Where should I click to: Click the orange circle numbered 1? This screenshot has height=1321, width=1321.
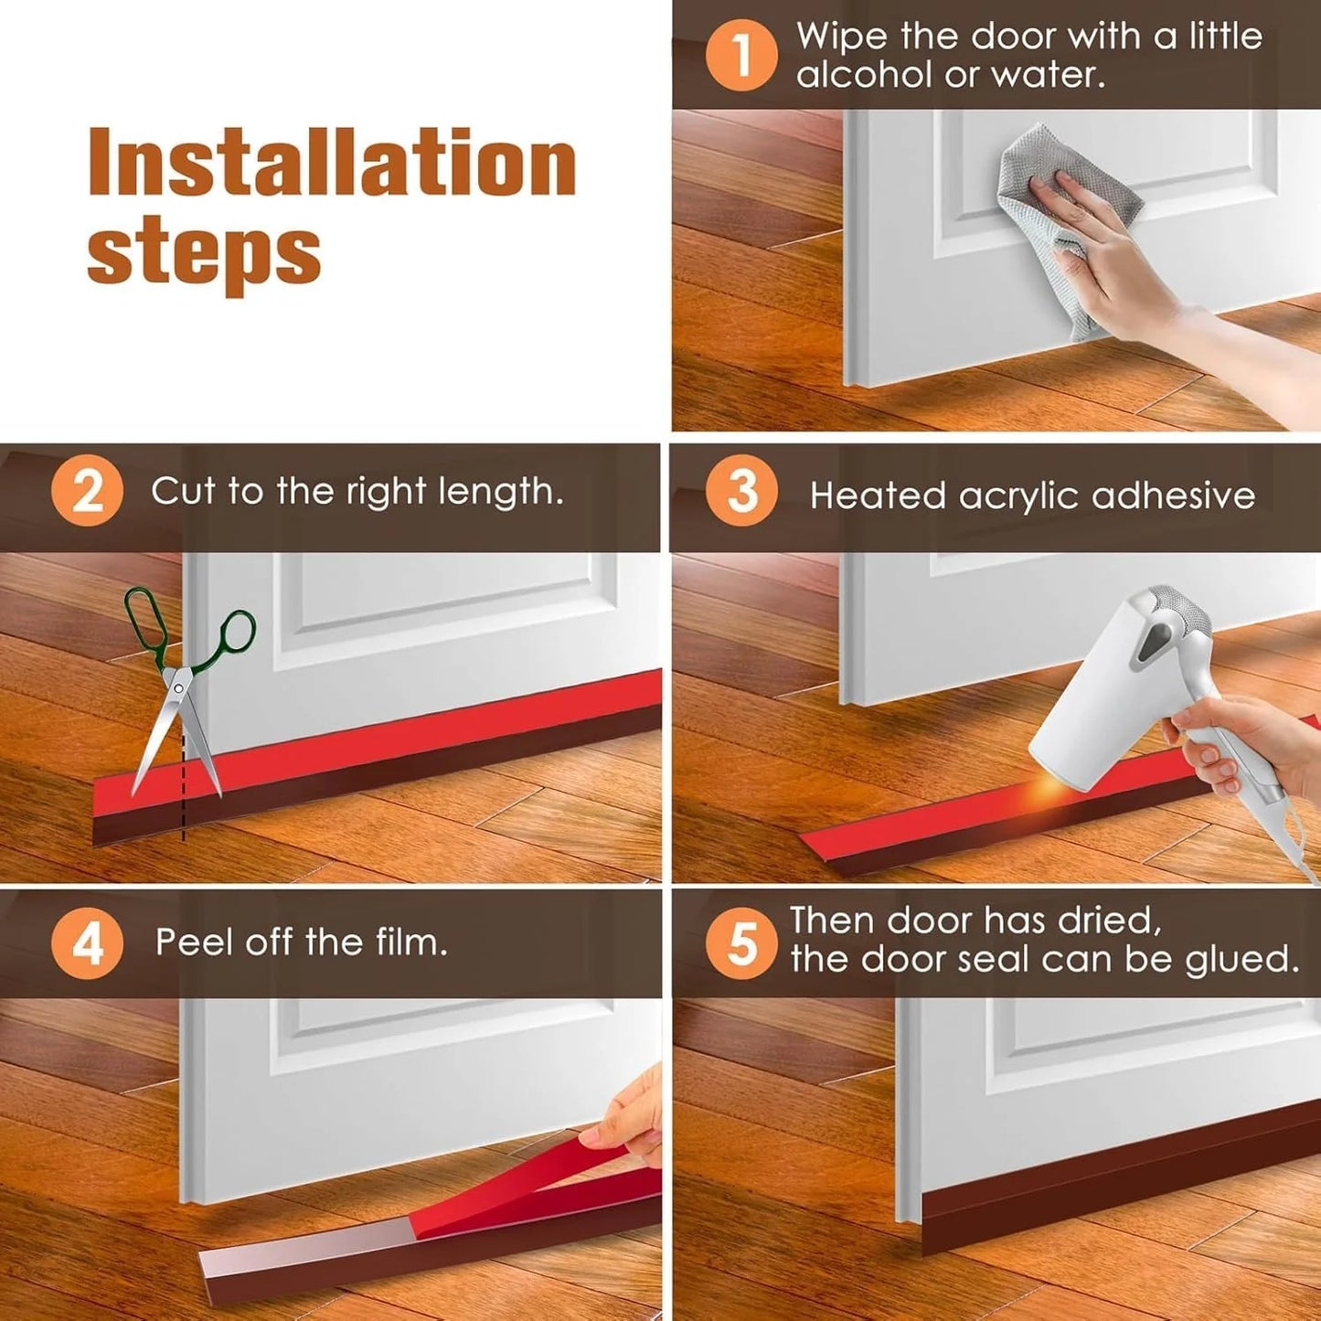pyautogui.click(x=740, y=54)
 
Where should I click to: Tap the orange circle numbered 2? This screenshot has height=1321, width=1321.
pyautogui.click(x=87, y=492)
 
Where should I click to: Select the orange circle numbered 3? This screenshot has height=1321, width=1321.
pyautogui.click(x=741, y=492)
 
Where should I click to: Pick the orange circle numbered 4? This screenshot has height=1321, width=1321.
pyautogui.click(x=87, y=943)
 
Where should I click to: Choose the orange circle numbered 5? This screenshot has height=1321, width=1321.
pyautogui.click(x=741, y=943)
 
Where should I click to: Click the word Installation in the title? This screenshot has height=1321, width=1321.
pyautogui.click(x=331, y=163)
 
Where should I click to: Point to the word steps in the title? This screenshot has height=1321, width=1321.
pyautogui.click(x=204, y=253)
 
